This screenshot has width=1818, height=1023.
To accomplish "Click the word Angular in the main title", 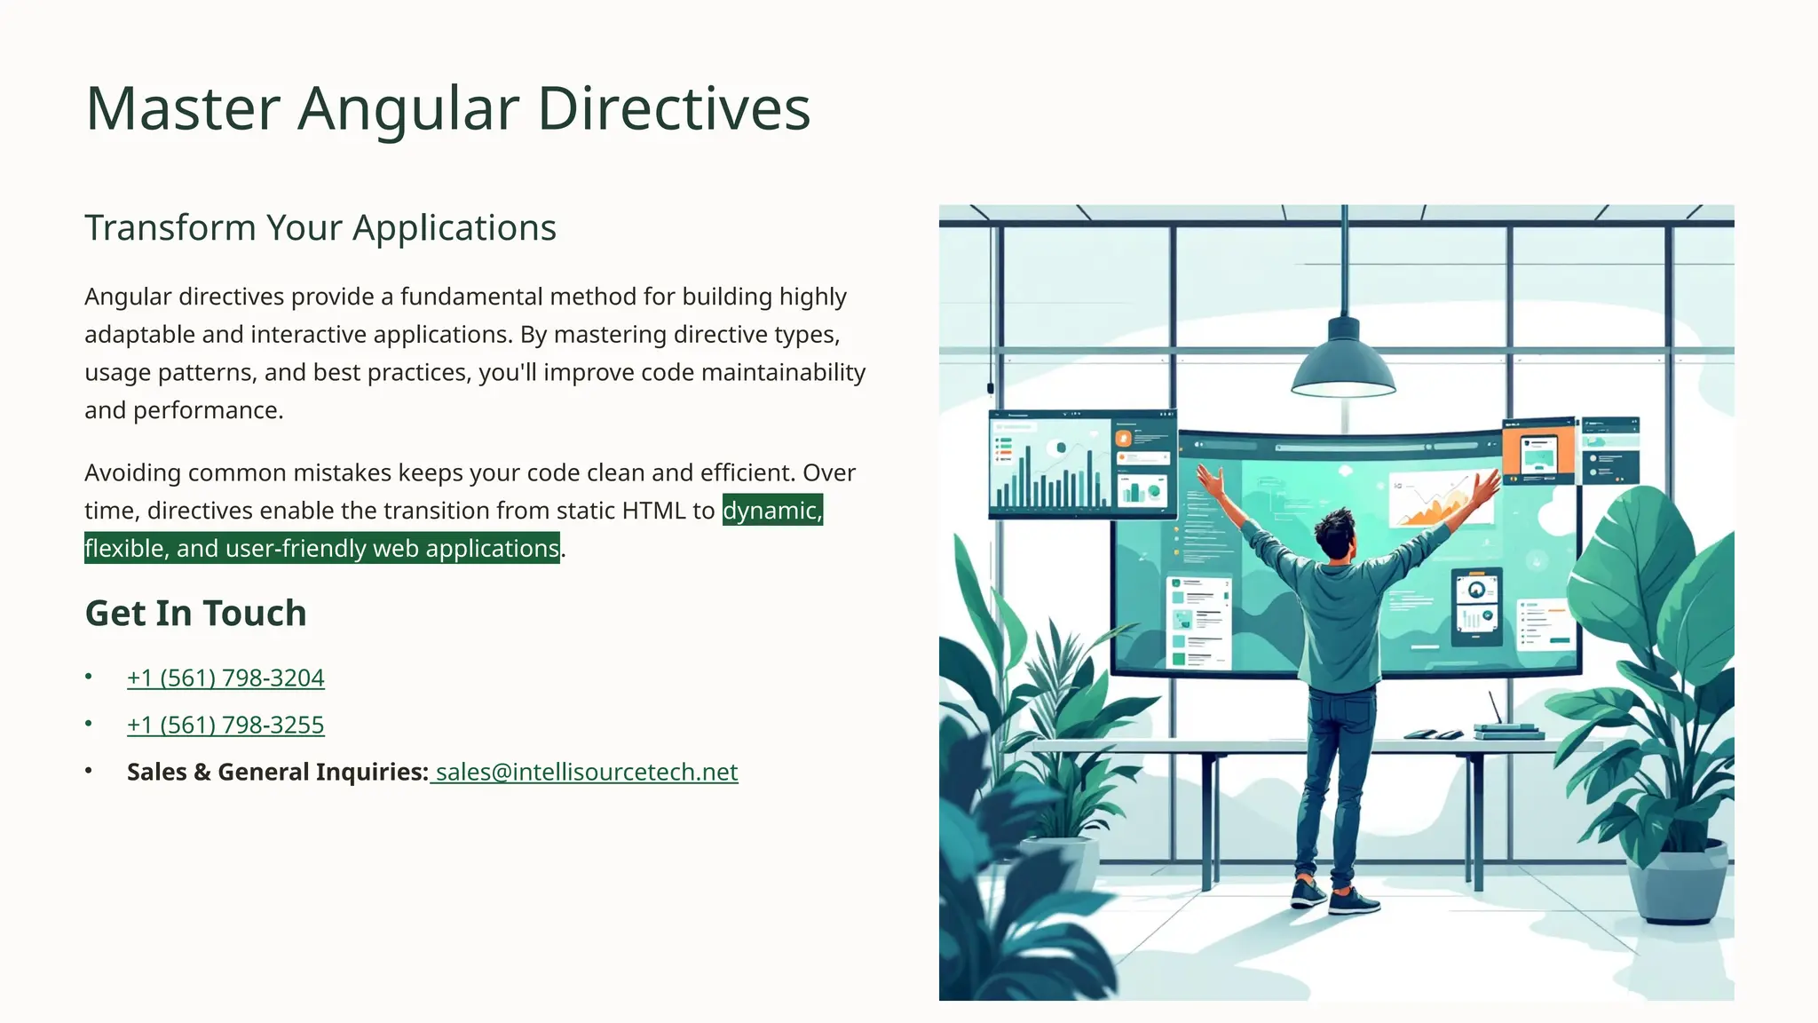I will pos(407,110).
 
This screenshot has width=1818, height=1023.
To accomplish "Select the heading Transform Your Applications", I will pos(320,228).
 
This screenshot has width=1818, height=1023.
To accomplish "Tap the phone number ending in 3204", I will pos(225,678).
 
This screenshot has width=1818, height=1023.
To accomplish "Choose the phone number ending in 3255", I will pos(225,725).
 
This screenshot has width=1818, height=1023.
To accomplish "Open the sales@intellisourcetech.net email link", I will pos(586,772).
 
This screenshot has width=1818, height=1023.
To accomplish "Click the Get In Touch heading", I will pos(195,613).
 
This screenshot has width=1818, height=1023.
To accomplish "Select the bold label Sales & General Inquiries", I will pos(277,772).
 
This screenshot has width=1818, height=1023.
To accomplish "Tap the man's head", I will pos(1336,533).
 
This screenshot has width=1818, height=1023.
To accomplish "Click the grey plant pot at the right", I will pos(1677,884).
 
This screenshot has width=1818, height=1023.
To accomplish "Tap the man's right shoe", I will pos(1354,902).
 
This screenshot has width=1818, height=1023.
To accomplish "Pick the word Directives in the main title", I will pos(674,110).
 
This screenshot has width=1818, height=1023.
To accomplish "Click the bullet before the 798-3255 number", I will pos(89,724).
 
